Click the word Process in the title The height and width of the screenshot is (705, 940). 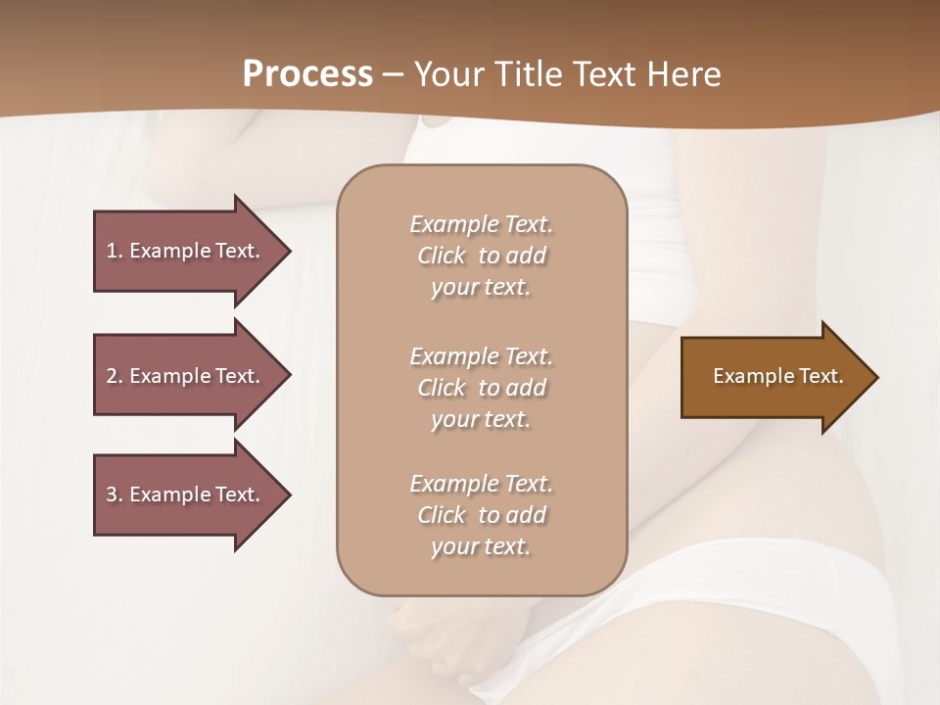point(307,74)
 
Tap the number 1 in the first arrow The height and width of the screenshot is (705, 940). point(112,251)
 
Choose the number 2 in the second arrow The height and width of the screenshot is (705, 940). point(112,376)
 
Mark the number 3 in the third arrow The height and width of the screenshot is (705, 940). point(112,494)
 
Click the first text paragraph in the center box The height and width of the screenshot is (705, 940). point(481,256)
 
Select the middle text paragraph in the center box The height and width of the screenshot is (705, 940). point(481,388)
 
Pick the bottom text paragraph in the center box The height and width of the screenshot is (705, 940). point(481,515)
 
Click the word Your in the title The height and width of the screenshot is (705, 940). point(446,74)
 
